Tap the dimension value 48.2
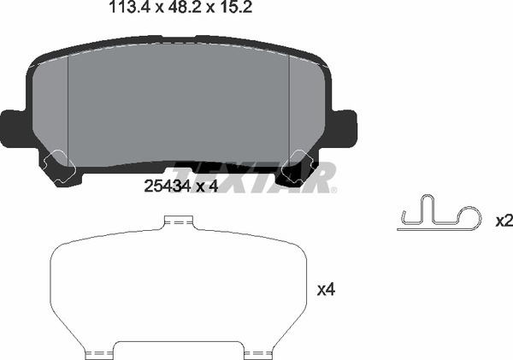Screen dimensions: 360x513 pos(174,11)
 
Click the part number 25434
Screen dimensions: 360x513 pos(167,186)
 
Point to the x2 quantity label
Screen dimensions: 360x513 pos(504,221)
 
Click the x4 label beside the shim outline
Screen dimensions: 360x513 pos(325,291)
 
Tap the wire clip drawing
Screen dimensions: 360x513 pos(440,219)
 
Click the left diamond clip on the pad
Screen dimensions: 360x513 pos(57,159)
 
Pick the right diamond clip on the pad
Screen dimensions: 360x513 pos(301,159)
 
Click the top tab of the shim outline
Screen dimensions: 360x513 pos(179,223)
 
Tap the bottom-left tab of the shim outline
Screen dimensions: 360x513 pos(100,351)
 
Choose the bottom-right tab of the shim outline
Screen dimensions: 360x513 pos(257,351)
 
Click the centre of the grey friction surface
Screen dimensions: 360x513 pos(179,103)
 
